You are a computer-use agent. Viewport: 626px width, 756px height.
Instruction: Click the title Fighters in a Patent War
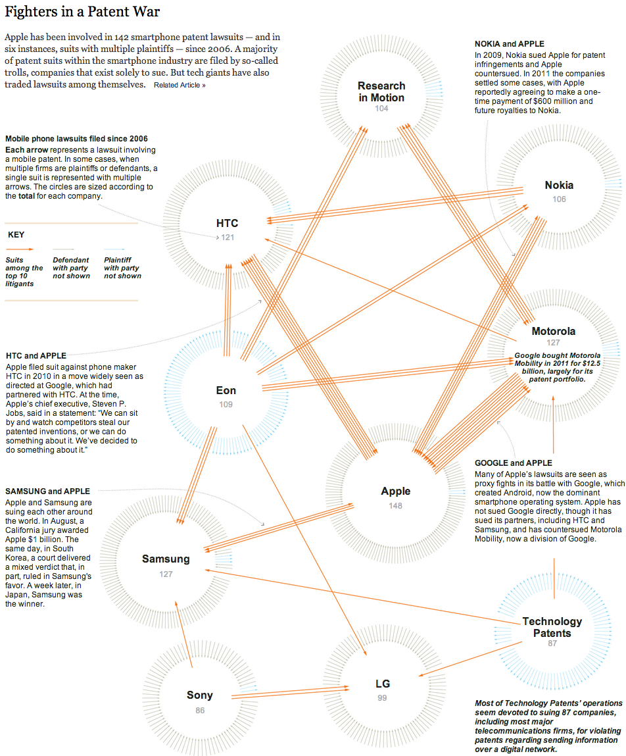pos(82,12)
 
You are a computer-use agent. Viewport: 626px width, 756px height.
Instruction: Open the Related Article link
pos(180,86)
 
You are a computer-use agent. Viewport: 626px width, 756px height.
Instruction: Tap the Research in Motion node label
pos(381,91)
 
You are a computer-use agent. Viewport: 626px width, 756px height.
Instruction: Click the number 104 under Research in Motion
pos(381,109)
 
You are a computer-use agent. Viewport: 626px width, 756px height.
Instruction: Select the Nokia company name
pos(559,185)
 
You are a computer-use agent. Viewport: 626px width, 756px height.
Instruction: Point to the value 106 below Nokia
pos(559,199)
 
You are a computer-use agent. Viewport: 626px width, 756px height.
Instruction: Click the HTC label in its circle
pos(227,223)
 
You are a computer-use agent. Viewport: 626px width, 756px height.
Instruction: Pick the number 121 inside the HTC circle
pos(228,238)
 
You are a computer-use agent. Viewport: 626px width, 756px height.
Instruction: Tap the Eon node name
pos(226,391)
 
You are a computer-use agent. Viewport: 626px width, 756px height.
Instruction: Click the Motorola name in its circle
pos(553,331)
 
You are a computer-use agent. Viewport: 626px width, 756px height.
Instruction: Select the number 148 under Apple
pos(396,506)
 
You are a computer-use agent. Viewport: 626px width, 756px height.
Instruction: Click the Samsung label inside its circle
pos(166,559)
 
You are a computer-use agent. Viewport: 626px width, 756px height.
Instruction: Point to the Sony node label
pos(199,695)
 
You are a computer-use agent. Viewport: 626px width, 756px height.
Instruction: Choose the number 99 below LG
pos(382,698)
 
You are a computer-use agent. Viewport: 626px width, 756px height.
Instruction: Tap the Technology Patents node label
pos(552,627)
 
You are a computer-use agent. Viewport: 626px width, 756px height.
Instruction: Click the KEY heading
pos(16,235)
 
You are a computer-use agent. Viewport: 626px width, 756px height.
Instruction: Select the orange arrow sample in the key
pos(20,249)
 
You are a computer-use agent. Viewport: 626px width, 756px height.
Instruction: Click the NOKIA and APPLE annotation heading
pos(510,44)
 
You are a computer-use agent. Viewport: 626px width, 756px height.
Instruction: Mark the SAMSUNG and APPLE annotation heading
pos(48,491)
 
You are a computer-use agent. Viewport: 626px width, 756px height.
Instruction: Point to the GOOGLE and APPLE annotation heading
pos(514,463)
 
